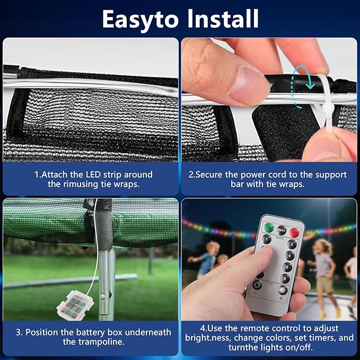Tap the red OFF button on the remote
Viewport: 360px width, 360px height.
pos(294,232)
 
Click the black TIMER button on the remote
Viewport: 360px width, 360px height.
pos(281,230)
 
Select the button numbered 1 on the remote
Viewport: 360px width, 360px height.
pos(267,239)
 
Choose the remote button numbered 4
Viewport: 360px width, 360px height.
pos(289,256)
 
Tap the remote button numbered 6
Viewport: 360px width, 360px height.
pos(287,267)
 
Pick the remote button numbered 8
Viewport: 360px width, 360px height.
pos(285,278)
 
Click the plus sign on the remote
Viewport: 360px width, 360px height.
pos(281,298)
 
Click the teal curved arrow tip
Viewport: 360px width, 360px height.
pos(310,87)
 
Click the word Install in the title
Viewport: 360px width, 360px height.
pos(223,19)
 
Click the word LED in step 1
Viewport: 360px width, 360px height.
pos(93,174)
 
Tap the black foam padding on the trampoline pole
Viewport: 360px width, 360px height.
pos(104,225)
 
